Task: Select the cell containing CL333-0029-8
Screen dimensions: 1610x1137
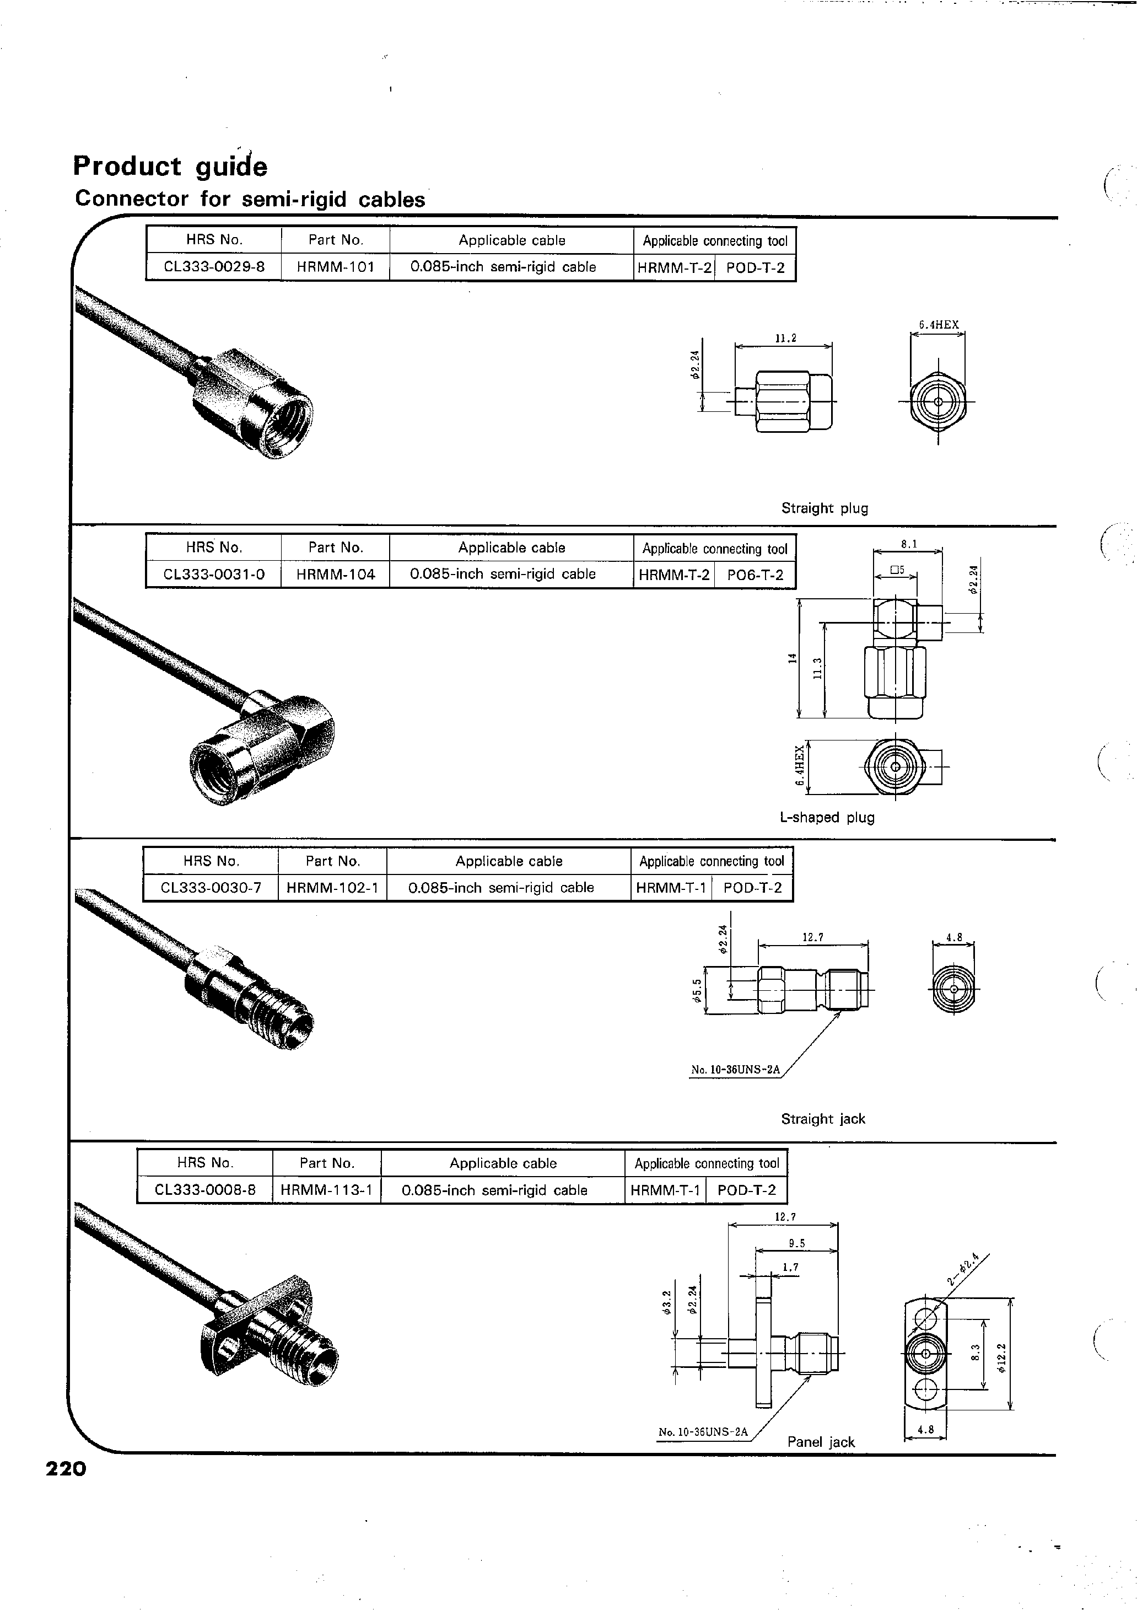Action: coord(214,267)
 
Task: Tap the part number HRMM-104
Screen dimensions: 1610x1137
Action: coord(335,575)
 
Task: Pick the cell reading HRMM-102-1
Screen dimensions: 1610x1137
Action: coord(332,888)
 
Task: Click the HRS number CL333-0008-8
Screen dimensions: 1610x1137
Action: coord(204,1190)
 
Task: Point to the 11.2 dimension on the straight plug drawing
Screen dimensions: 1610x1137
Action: coord(785,339)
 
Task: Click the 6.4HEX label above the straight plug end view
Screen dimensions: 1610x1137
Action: coord(939,325)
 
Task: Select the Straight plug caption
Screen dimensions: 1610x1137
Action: coord(825,508)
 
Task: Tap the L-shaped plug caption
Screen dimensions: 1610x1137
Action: coord(827,818)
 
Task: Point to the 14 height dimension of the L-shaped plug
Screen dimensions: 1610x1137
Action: coord(792,658)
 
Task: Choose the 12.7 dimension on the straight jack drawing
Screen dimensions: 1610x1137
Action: coord(812,937)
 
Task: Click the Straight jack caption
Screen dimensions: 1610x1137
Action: coord(823,1119)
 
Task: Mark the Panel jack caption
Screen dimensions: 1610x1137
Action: coord(821,1442)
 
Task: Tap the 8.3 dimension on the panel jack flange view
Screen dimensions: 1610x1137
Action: coord(974,1357)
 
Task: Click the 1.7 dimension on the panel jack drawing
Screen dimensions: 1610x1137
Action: coord(790,1267)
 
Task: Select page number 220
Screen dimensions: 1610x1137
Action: coord(66,1468)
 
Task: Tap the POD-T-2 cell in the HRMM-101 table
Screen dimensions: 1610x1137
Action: coord(755,267)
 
